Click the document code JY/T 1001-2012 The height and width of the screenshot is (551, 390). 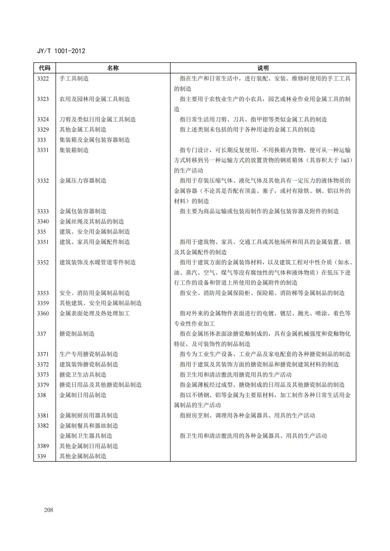point(61,51)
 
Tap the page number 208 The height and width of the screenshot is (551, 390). point(48,510)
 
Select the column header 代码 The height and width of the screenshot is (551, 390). point(45,68)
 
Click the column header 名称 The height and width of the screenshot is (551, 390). point(113,68)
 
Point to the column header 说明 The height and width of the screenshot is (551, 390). point(263,68)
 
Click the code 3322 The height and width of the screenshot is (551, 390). point(43,79)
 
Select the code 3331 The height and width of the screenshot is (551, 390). point(43,150)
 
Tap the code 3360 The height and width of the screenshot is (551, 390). point(43,313)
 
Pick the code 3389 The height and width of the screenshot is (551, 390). point(43,446)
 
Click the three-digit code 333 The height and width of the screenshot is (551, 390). point(42,140)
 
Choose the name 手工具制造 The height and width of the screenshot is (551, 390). point(74,79)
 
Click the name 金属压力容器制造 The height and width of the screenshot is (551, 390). point(83,181)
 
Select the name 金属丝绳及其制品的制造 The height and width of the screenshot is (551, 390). point(92,221)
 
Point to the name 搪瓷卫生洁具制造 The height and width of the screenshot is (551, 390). point(83,375)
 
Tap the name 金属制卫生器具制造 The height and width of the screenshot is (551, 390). point(86,436)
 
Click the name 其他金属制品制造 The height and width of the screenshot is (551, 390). point(83,456)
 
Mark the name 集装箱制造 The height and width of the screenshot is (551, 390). point(74,150)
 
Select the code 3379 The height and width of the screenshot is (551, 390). point(43,385)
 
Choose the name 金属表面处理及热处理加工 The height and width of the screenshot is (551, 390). point(95,313)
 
